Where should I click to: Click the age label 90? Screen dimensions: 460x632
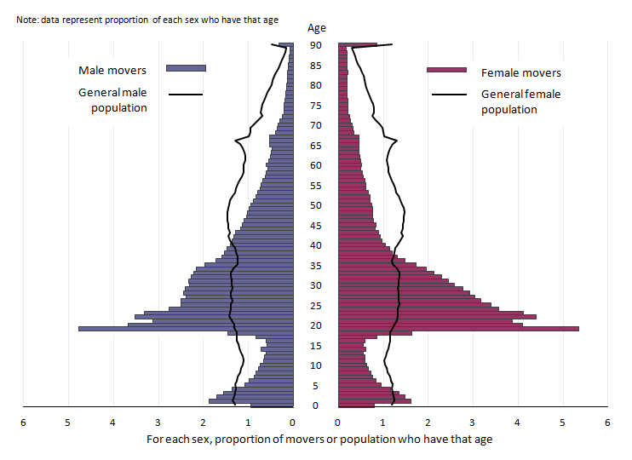[x=315, y=45]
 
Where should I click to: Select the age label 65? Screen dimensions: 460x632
[x=315, y=146]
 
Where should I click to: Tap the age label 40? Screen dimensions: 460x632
[x=315, y=245]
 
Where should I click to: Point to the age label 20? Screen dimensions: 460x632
[x=315, y=325]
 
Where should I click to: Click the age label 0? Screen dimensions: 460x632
[x=315, y=405]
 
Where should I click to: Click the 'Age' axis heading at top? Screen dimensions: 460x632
[x=316, y=28]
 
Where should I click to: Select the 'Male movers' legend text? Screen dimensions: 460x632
[x=112, y=70]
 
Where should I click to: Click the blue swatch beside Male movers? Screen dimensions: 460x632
[x=186, y=68]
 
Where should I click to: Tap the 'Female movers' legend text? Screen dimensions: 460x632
[x=521, y=73]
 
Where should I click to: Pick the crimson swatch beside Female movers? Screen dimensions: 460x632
[x=446, y=70]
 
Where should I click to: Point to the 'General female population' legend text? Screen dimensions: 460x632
[x=520, y=101]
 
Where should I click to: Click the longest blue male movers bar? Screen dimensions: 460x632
[x=185, y=328]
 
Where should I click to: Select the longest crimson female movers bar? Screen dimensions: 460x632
[x=458, y=328]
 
